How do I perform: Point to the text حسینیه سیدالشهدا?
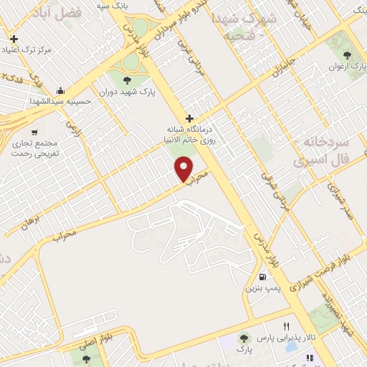point(61,101)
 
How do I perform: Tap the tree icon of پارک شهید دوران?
point(128,80)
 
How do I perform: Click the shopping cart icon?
point(34,132)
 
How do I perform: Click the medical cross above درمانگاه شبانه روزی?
point(189,118)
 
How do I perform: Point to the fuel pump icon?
point(263,277)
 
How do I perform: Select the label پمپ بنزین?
point(260,288)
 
